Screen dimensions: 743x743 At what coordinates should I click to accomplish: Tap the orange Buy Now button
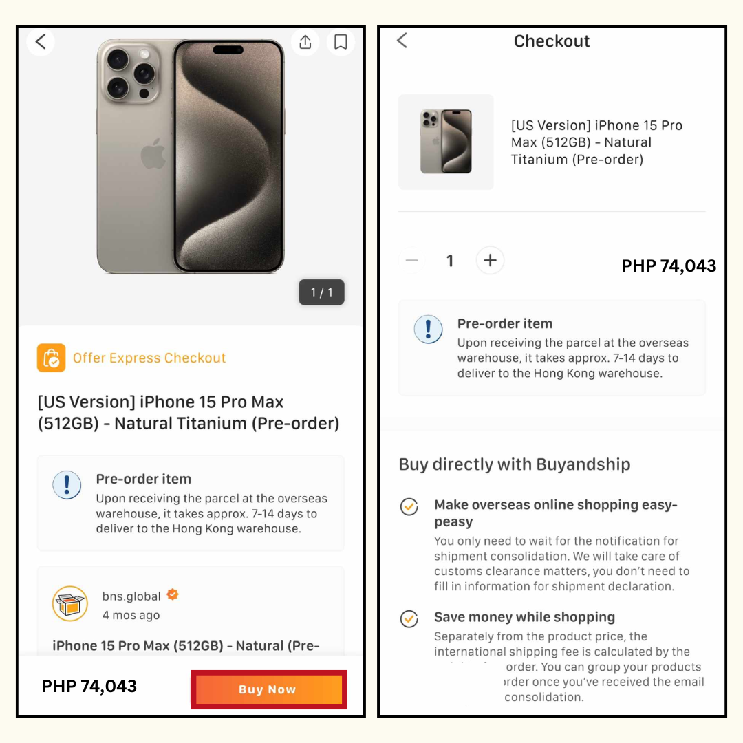268,689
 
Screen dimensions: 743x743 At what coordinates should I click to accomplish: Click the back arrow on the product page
41,42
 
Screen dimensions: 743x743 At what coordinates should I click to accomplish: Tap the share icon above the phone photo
305,42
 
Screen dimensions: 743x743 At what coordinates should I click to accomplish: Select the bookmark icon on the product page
341,42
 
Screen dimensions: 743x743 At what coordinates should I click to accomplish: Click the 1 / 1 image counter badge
321,292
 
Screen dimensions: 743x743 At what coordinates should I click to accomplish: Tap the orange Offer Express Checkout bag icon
52,358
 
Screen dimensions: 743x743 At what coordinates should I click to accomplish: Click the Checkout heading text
552,41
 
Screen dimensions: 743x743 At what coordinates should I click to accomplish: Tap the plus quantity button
490,261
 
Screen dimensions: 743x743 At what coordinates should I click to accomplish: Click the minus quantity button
412,261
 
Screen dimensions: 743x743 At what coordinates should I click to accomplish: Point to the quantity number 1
450,261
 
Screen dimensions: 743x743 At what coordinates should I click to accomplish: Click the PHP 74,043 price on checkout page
669,266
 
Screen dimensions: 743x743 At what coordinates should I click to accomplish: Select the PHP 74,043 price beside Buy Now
89,686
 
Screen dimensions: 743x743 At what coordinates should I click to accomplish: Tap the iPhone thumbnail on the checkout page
446,142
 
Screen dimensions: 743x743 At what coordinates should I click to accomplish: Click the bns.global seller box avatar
70,603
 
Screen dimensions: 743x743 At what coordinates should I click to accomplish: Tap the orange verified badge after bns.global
173,594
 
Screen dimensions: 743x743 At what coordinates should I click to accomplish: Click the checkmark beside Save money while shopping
409,618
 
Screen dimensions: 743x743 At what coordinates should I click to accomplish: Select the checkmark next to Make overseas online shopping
409,507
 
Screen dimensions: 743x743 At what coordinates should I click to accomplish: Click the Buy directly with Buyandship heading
515,464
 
